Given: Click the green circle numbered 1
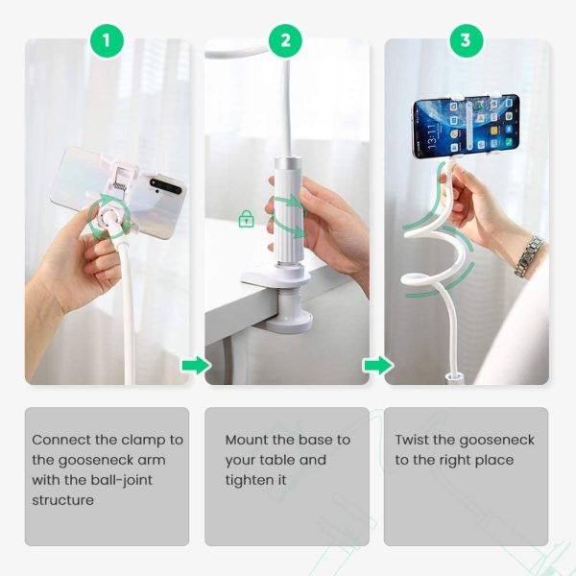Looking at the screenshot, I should click(x=107, y=40).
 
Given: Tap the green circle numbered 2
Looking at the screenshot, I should click(x=285, y=40).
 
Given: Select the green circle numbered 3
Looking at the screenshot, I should click(x=466, y=40).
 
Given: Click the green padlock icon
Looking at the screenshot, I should click(x=247, y=219).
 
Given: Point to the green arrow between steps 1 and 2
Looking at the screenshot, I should click(x=195, y=366).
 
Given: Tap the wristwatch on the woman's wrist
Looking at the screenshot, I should click(x=528, y=256).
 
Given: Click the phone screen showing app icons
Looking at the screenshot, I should click(x=465, y=125).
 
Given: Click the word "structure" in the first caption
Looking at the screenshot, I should click(x=63, y=500).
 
